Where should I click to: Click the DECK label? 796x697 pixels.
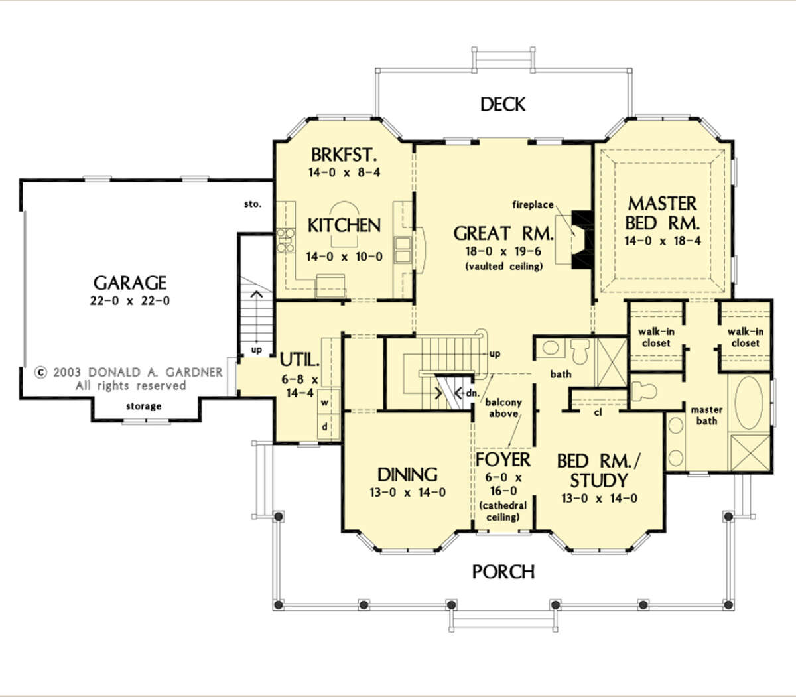tap(503, 104)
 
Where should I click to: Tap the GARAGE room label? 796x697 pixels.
tap(130, 283)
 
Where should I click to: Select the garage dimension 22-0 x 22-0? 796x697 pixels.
tap(130, 300)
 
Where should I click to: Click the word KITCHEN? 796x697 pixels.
tap(344, 225)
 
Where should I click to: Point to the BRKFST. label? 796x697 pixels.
tap(344, 155)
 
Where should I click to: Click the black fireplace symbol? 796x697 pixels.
tap(582, 239)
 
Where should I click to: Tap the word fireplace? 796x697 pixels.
tap(533, 204)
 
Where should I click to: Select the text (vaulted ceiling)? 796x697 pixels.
tap(504, 267)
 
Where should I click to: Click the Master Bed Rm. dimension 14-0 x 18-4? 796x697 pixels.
tap(663, 241)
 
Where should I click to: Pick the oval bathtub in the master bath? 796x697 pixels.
tap(748, 403)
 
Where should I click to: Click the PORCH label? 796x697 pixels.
tap(503, 572)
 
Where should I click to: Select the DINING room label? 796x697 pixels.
tap(407, 475)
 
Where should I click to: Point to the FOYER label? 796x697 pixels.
tap(503, 460)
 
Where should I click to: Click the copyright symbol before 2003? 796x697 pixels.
tap(40, 373)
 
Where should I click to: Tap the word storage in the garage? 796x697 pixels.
tap(143, 407)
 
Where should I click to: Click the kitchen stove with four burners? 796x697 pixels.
tap(285, 241)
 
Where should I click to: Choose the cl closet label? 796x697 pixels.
tap(598, 412)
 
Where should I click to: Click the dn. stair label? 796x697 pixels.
tap(472, 393)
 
